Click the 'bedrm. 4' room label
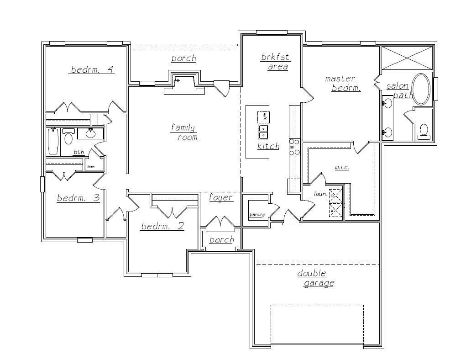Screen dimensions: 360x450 pyautogui.click(x=92, y=69)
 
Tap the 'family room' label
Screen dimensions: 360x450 pyautogui.click(x=184, y=132)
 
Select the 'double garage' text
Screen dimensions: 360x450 pyautogui.click(x=315, y=278)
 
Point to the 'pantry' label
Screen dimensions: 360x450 pyautogui.click(x=257, y=215)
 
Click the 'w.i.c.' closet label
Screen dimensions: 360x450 pyautogui.click(x=342, y=168)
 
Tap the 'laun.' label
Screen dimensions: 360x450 pyautogui.click(x=320, y=195)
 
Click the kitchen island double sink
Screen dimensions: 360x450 pyautogui.click(x=263, y=132)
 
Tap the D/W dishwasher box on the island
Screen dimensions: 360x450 pyautogui.click(x=264, y=117)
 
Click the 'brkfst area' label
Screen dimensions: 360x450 pyautogui.click(x=275, y=62)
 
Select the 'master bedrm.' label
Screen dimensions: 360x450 pyautogui.click(x=342, y=84)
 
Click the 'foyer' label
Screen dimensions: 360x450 pyautogui.click(x=221, y=198)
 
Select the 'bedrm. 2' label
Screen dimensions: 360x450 pyautogui.click(x=162, y=226)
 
